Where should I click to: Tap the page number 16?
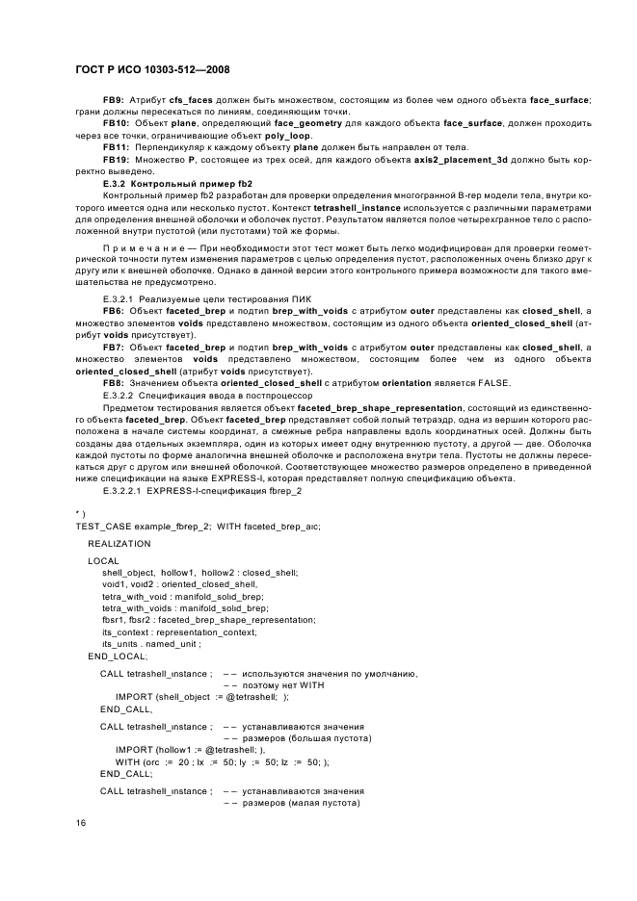click(80, 823)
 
